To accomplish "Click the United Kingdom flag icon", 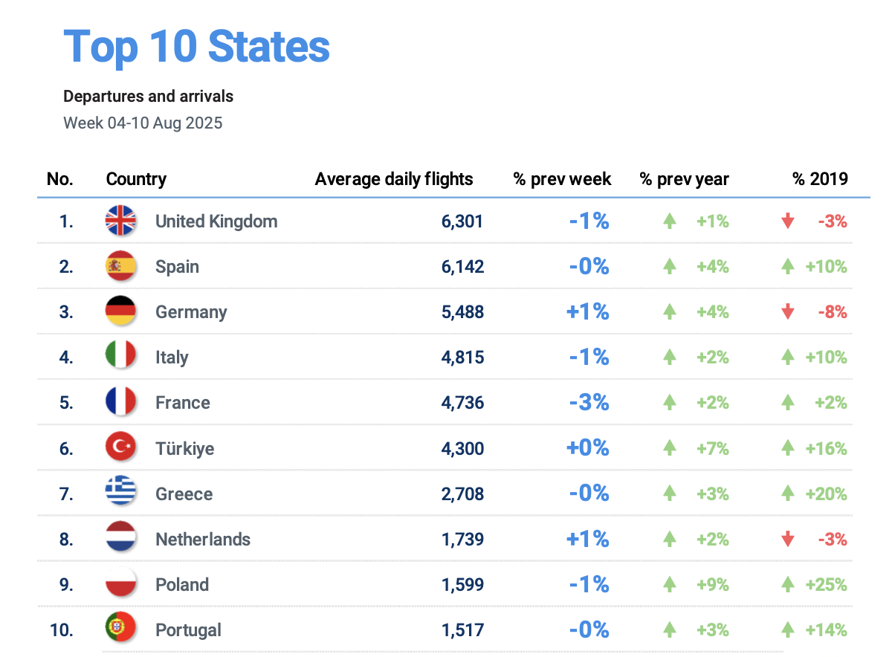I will pyautogui.click(x=120, y=221).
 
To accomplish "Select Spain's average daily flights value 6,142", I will pyautogui.click(x=462, y=267).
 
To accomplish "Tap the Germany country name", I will pyautogui.click(x=191, y=312).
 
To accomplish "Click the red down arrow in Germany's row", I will pyautogui.click(x=788, y=312).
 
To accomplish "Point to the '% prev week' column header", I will pyautogui.click(x=562, y=179).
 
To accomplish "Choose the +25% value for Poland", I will pyautogui.click(x=826, y=585).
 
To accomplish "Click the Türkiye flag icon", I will pyautogui.click(x=120, y=448).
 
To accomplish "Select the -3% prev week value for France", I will pyautogui.click(x=589, y=403).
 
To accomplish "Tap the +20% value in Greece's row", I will pyautogui.click(x=826, y=494).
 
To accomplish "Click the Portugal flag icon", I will pyautogui.click(x=120, y=630).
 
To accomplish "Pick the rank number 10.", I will pyautogui.click(x=62, y=630).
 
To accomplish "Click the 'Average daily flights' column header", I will pyautogui.click(x=394, y=179).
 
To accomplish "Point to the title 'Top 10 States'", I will pyautogui.click(x=197, y=46).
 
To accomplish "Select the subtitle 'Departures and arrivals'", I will pyautogui.click(x=149, y=97).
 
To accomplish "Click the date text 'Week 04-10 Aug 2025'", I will pyautogui.click(x=143, y=123).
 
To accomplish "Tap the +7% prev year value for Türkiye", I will pyautogui.click(x=712, y=449).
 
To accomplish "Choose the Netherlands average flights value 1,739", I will pyautogui.click(x=462, y=540).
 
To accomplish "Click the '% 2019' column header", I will pyautogui.click(x=820, y=179).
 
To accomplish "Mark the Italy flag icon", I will pyautogui.click(x=120, y=357).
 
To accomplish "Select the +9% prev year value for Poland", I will pyautogui.click(x=712, y=585).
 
